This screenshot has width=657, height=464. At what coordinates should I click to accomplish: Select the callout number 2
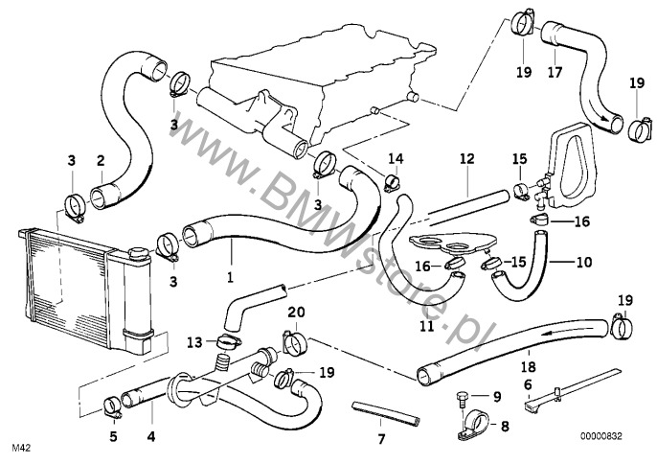point(100,160)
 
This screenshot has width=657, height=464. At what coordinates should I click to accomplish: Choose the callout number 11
point(427,325)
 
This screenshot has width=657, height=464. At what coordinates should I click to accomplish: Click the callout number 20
point(295,313)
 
